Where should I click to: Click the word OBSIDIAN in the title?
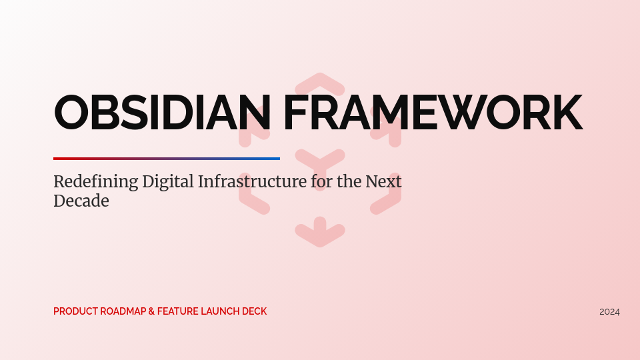(x=162, y=113)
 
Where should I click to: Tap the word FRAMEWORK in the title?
(x=433, y=113)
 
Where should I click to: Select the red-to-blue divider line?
(x=167, y=159)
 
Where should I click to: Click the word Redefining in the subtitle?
(x=95, y=182)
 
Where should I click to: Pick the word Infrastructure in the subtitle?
(x=253, y=181)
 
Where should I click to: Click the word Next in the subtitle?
(x=383, y=181)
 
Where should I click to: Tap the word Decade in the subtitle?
(x=81, y=201)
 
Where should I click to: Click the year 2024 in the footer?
(x=609, y=312)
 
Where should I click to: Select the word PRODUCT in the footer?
(x=75, y=311)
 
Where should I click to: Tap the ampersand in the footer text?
(x=152, y=311)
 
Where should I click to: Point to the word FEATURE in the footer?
(x=177, y=311)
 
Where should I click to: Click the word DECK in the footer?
(x=255, y=311)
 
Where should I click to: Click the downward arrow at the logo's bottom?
(x=320, y=232)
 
